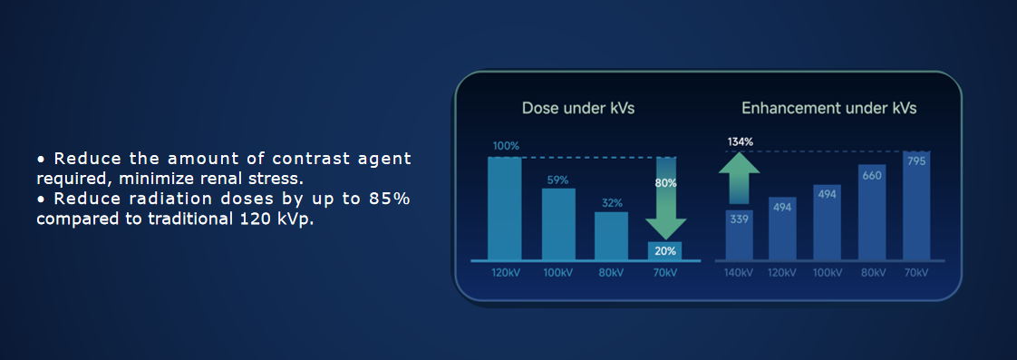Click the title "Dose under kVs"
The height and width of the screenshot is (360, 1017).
pos(578,108)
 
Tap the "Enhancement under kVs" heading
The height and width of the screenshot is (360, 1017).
pos(828,108)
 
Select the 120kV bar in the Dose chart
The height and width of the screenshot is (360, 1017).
pos(505,209)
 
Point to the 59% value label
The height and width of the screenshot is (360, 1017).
pos(557,180)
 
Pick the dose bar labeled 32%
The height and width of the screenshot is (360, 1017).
pos(612,236)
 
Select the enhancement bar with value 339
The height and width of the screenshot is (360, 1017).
pos(740,235)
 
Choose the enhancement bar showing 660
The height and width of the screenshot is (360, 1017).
pos(872,212)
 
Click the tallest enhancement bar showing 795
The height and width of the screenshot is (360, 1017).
pos(916,206)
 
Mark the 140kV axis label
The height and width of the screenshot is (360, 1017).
pos(739,272)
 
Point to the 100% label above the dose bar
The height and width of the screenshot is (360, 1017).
pos(506,146)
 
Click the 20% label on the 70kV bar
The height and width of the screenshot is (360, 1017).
pos(664,251)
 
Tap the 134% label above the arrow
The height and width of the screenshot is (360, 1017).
pos(740,141)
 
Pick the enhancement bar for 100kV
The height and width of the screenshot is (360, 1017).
pos(827,222)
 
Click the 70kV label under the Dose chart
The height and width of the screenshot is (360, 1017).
pos(664,272)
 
